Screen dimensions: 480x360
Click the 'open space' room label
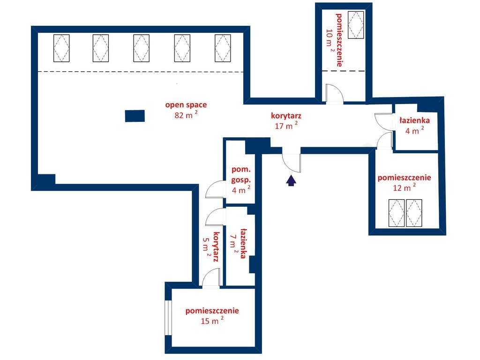point(186,105)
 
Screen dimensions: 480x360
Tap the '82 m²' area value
point(186,115)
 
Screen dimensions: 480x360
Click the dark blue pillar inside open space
point(135,116)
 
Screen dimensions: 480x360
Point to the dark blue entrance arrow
point(291,180)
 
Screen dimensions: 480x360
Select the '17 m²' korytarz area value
point(286,126)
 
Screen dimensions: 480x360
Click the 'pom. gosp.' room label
point(241,174)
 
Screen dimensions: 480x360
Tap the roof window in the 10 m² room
point(356,25)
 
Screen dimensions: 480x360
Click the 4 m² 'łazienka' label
point(414,120)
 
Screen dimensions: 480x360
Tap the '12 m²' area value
point(404,187)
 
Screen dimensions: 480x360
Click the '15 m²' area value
point(212,321)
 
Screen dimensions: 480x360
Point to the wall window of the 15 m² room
point(168,318)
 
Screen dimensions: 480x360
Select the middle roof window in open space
point(142,48)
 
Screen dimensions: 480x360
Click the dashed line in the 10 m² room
point(343,71)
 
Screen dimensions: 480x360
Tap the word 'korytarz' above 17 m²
point(286,116)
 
